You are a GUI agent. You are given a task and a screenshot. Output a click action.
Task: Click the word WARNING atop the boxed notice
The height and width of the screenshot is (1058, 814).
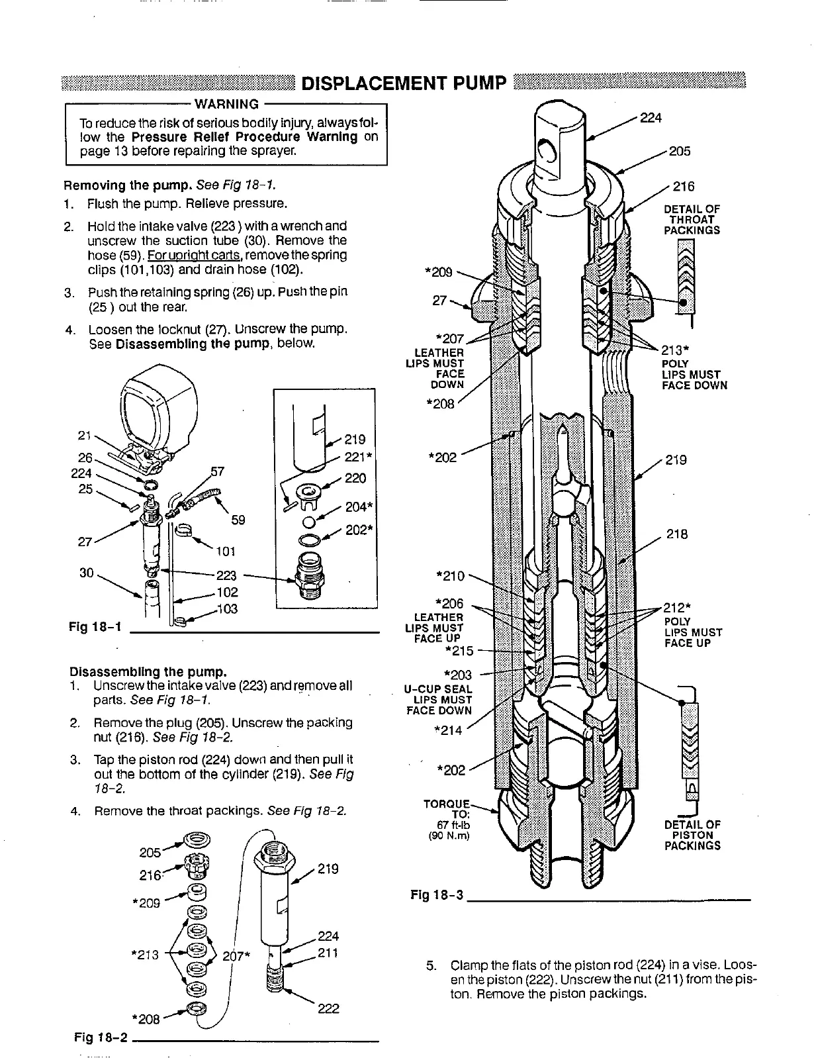click(x=227, y=104)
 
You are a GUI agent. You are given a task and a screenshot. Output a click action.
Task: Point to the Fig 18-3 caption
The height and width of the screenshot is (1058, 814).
click(x=437, y=895)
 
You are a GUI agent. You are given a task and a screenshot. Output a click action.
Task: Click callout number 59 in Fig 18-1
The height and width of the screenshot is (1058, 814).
click(x=238, y=520)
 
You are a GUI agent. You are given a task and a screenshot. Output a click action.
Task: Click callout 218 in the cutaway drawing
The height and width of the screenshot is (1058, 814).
click(x=677, y=534)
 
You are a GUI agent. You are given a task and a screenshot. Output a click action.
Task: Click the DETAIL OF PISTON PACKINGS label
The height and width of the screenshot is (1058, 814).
click(x=692, y=835)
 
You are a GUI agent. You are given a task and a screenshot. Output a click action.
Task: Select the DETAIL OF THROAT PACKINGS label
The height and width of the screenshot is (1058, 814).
click(x=691, y=220)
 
